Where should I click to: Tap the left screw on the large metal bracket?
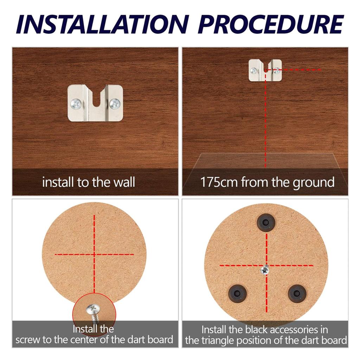76,103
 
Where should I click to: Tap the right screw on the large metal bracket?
115,103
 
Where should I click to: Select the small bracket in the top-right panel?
265,70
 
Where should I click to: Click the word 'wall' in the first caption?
123,182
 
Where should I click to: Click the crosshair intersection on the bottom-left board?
94,254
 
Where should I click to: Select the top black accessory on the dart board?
265,223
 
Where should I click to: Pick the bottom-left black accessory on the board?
237,293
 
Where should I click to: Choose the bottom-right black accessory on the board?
296,293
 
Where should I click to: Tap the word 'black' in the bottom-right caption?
260,330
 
